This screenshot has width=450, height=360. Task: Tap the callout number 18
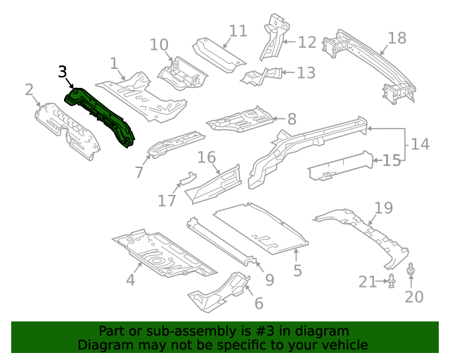[x=397, y=38]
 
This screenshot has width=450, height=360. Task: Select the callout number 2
[x=30, y=89]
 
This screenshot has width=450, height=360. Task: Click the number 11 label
[x=238, y=31]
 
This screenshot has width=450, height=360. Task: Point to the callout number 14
[x=420, y=144]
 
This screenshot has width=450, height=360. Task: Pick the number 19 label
[x=383, y=207]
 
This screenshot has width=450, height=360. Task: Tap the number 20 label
[x=414, y=297]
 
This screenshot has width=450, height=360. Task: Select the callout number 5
[x=297, y=271]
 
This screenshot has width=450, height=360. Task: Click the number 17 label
[x=167, y=201]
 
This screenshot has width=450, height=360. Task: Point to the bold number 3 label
[x=63, y=72]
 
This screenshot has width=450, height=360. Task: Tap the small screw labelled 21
[x=392, y=282]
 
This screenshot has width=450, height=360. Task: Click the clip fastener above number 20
[x=411, y=269]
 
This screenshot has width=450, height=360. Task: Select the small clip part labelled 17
[x=187, y=179]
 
